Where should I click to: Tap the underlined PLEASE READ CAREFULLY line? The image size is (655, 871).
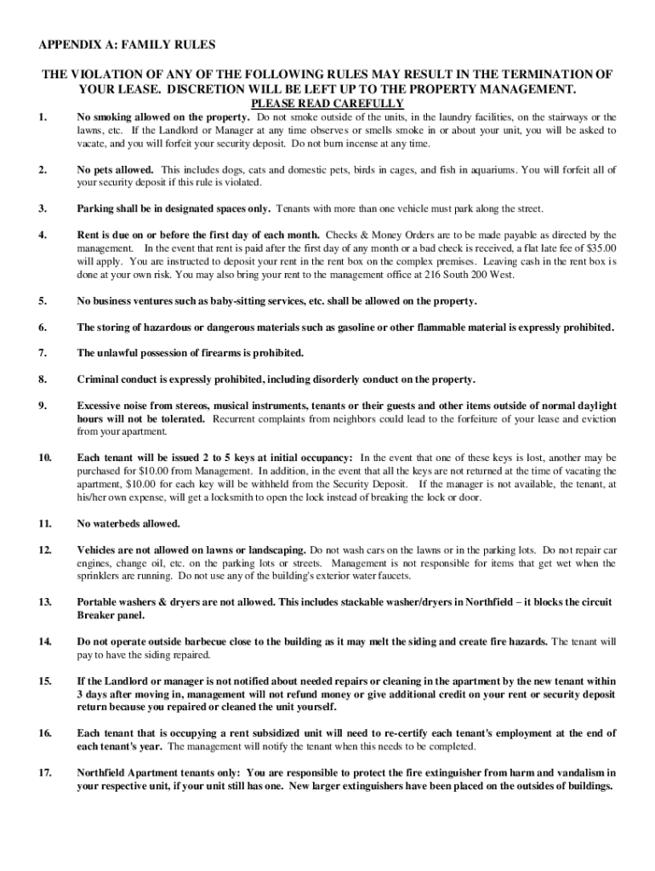coord(327,104)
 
